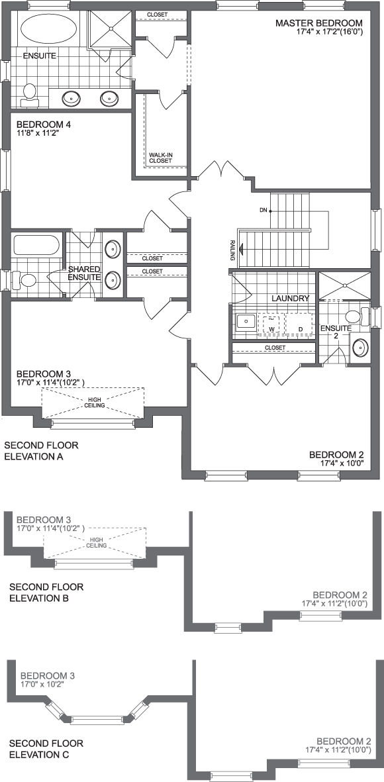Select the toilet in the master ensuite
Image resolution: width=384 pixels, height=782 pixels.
(29, 95)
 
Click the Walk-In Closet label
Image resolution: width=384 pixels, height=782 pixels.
(160, 156)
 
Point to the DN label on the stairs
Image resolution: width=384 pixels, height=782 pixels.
(264, 211)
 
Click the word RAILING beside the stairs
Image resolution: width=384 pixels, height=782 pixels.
(233, 250)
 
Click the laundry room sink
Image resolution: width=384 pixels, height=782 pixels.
(246, 322)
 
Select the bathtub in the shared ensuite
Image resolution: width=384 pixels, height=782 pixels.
(37, 246)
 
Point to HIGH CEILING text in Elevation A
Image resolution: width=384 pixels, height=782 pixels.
(93, 403)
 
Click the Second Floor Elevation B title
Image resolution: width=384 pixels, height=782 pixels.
(46, 592)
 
